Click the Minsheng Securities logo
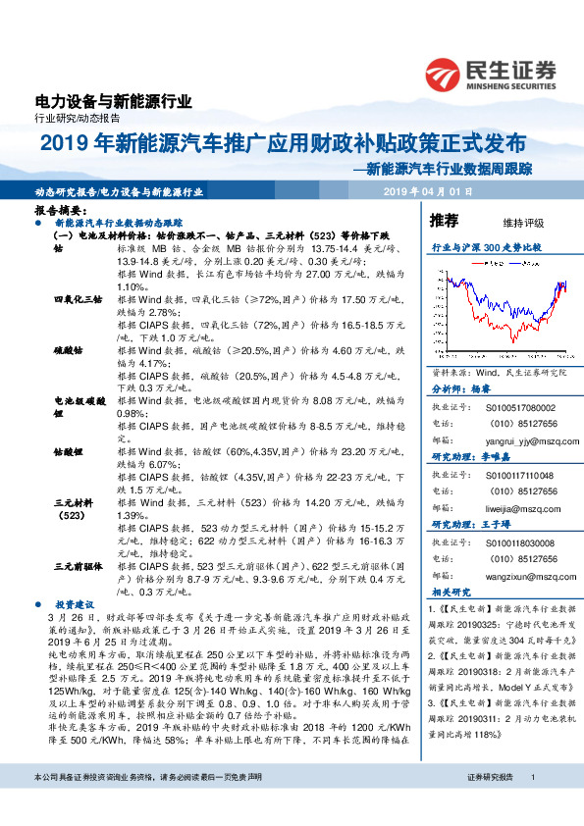tap(491, 74)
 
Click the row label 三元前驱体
tap(77, 567)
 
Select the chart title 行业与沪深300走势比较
tap(487, 247)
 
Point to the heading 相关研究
tap(451, 594)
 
